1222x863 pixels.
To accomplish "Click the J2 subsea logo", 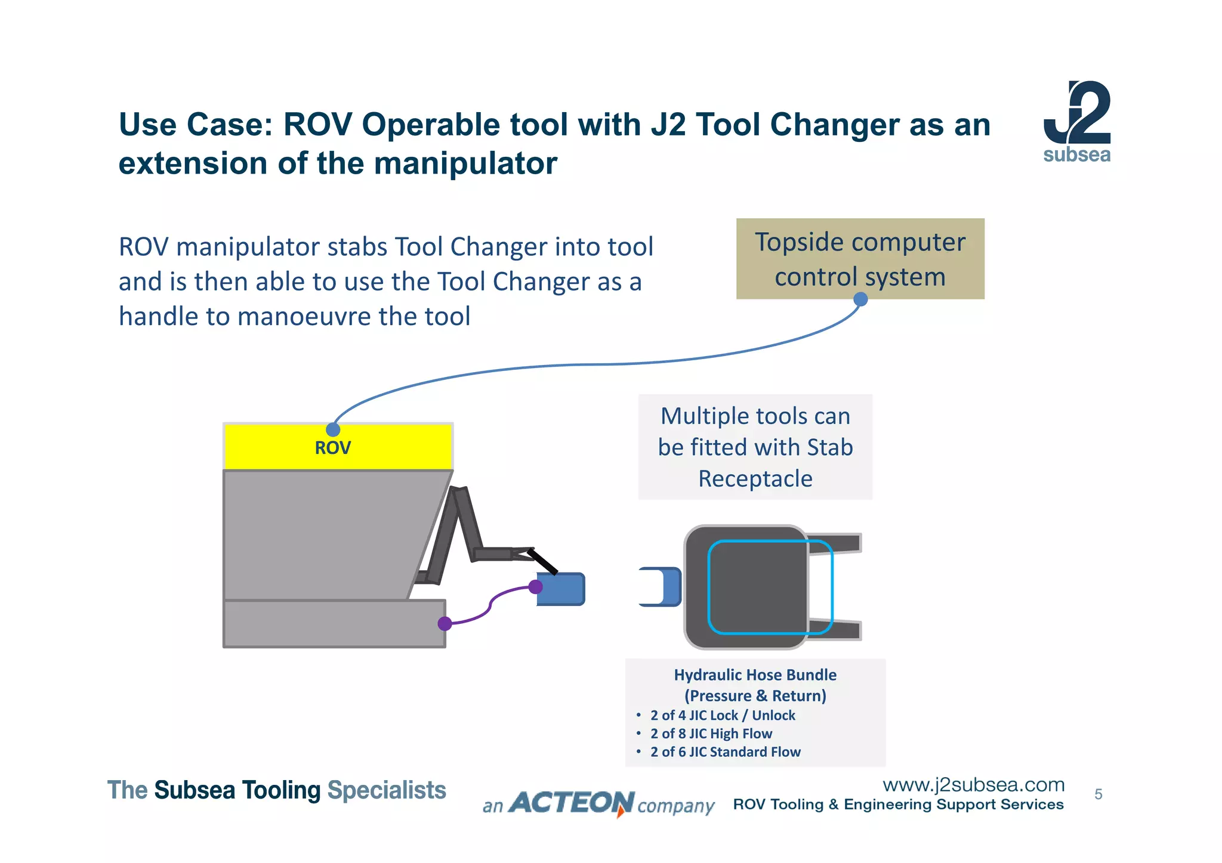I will (x=1076, y=122).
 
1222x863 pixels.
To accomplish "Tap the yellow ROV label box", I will (x=338, y=447).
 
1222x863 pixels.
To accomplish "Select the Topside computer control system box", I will (x=860, y=259).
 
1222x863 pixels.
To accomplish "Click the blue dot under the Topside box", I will (x=860, y=299).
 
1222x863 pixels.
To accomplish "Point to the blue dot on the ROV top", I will (x=333, y=429).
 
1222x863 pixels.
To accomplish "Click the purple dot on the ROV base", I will (x=445, y=624).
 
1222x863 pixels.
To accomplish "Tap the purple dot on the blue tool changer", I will (x=536, y=587).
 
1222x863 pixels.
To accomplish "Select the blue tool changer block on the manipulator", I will (x=564, y=589).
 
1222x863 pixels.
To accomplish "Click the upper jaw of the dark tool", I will (x=835, y=543).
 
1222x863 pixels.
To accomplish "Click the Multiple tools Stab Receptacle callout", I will (x=755, y=447).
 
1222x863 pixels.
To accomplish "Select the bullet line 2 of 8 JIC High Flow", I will (x=711, y=734).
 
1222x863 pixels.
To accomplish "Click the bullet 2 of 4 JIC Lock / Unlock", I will (x=723, y=715).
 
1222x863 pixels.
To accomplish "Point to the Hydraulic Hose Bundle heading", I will (x=755, y=675).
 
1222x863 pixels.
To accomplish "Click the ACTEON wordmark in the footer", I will (x=572, y=803).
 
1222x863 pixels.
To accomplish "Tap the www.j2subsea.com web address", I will (x=973, y=784).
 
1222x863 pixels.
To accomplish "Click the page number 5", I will (x=1098, y=794).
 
